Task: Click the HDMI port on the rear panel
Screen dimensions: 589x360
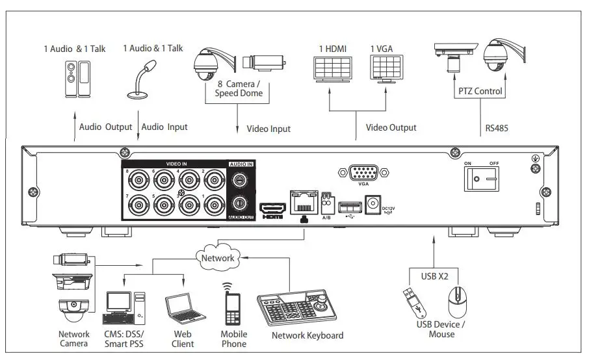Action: tap(272, 209)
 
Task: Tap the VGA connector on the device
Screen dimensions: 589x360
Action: tap(363, 173)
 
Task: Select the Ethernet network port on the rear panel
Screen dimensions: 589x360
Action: tap(304, 202)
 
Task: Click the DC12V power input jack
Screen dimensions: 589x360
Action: tap(373, 204)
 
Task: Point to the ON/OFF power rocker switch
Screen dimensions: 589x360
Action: tap(482, 179)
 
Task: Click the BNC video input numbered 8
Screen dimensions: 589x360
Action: tap(138, 181)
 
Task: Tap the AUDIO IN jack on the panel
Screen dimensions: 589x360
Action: tap(239, 180)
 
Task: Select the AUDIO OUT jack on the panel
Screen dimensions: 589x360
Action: tap(239, 204)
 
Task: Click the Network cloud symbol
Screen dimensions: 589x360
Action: tap(218, 257)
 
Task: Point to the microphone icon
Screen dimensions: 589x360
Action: tap(142, 79)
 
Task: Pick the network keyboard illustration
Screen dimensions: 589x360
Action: tap(296, 307)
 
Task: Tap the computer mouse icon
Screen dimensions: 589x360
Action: tap(457, 302)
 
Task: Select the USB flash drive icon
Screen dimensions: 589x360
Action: tap(414, 303)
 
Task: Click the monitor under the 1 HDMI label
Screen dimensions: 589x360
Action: tap(333, 70)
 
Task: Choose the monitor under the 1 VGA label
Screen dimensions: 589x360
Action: tap(387, 69)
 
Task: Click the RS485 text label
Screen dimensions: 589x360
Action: tap(497, 129)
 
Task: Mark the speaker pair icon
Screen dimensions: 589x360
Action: tap(77, 79)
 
